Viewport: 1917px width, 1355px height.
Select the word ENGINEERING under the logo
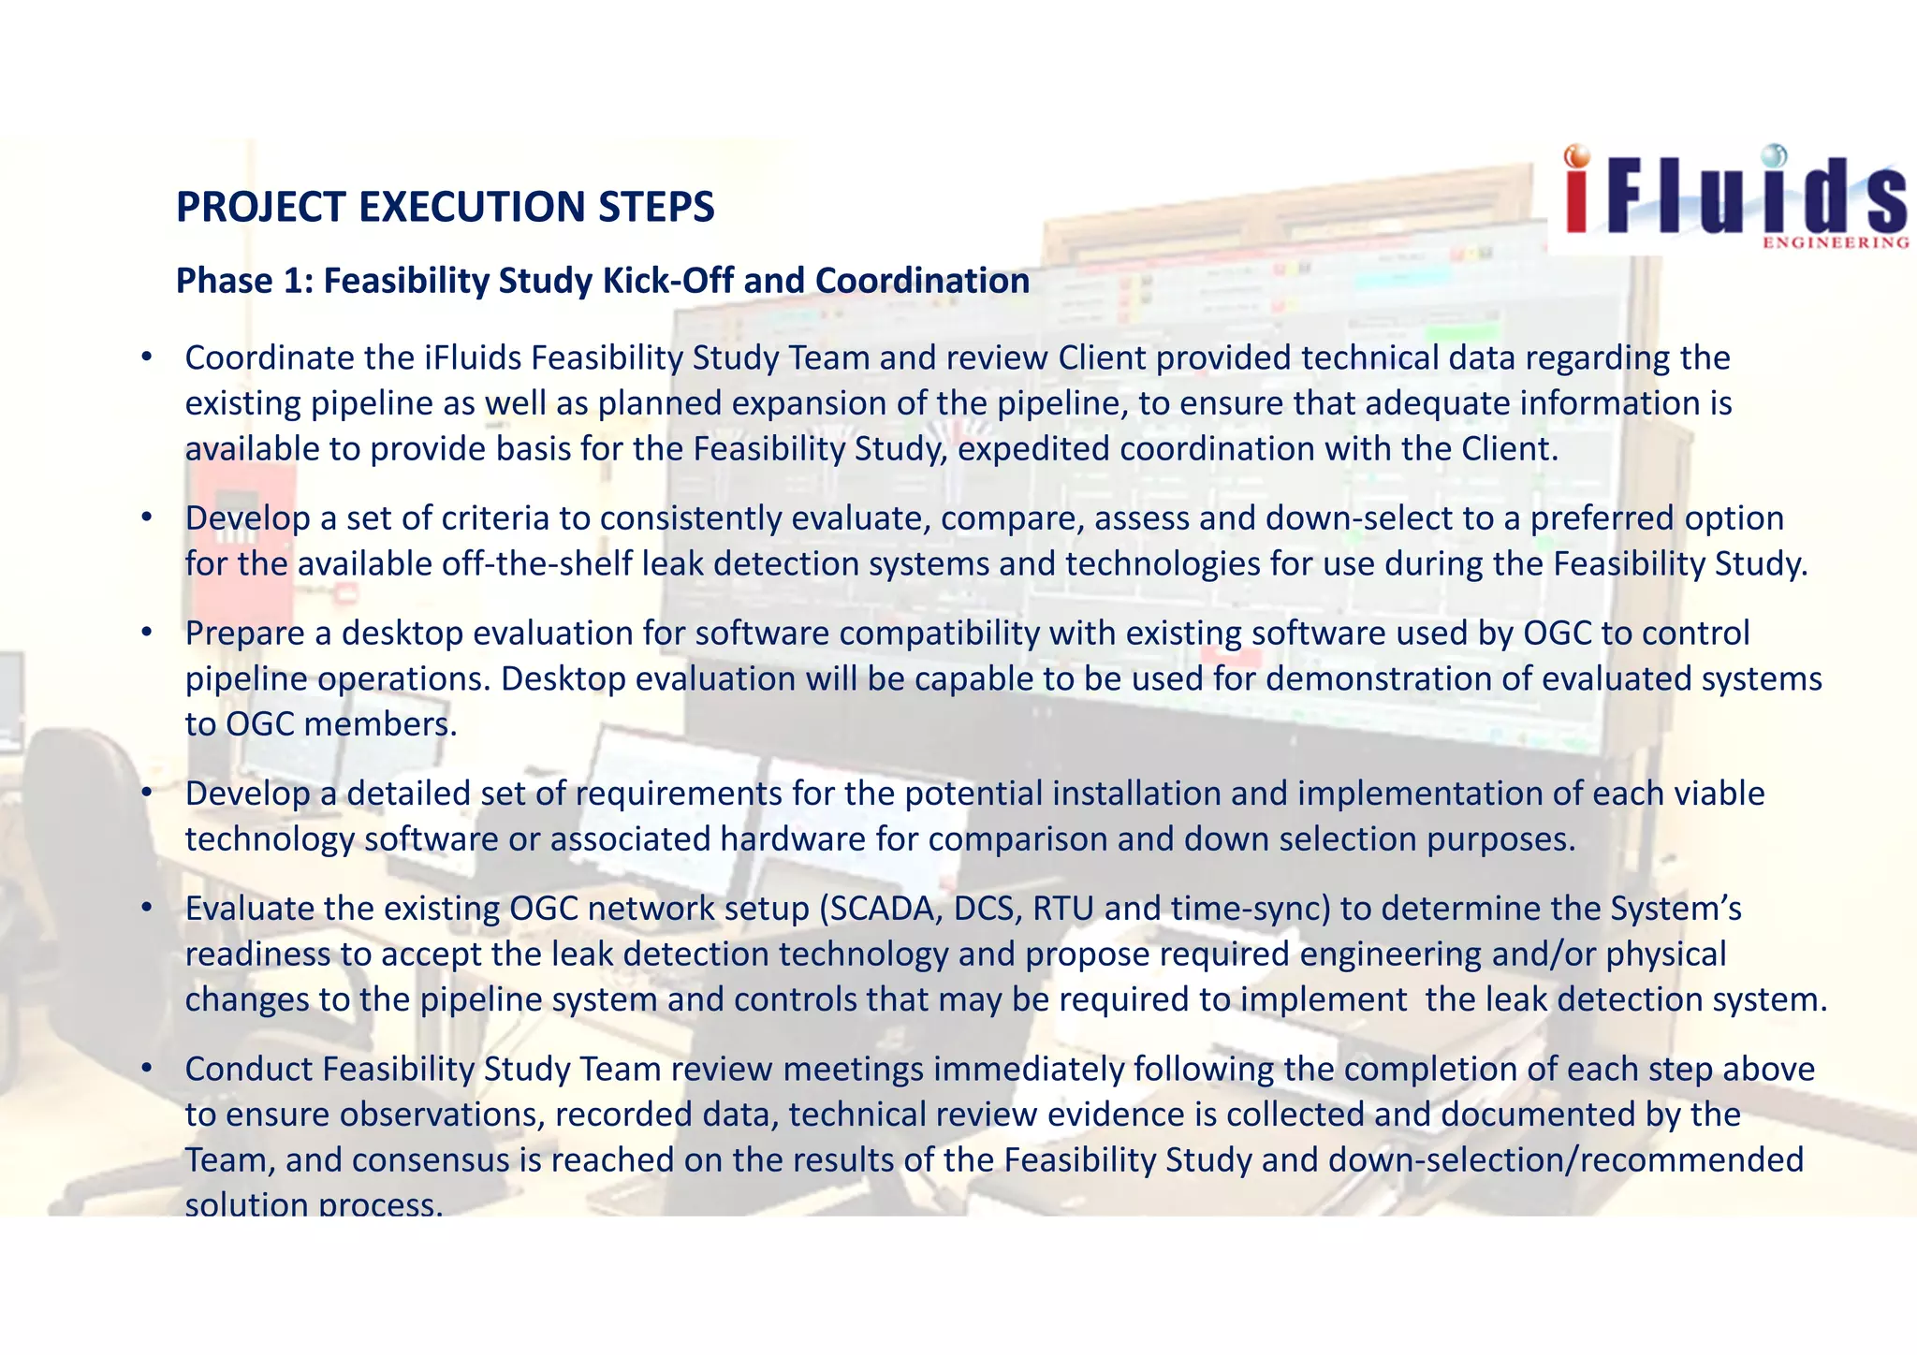(1836, 243)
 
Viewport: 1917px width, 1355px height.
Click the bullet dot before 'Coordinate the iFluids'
(146, 357)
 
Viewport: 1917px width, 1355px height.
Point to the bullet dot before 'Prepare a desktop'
(146, 633)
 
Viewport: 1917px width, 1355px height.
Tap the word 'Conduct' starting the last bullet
(248, 1068)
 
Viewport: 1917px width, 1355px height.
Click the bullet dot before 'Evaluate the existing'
(146, 908)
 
